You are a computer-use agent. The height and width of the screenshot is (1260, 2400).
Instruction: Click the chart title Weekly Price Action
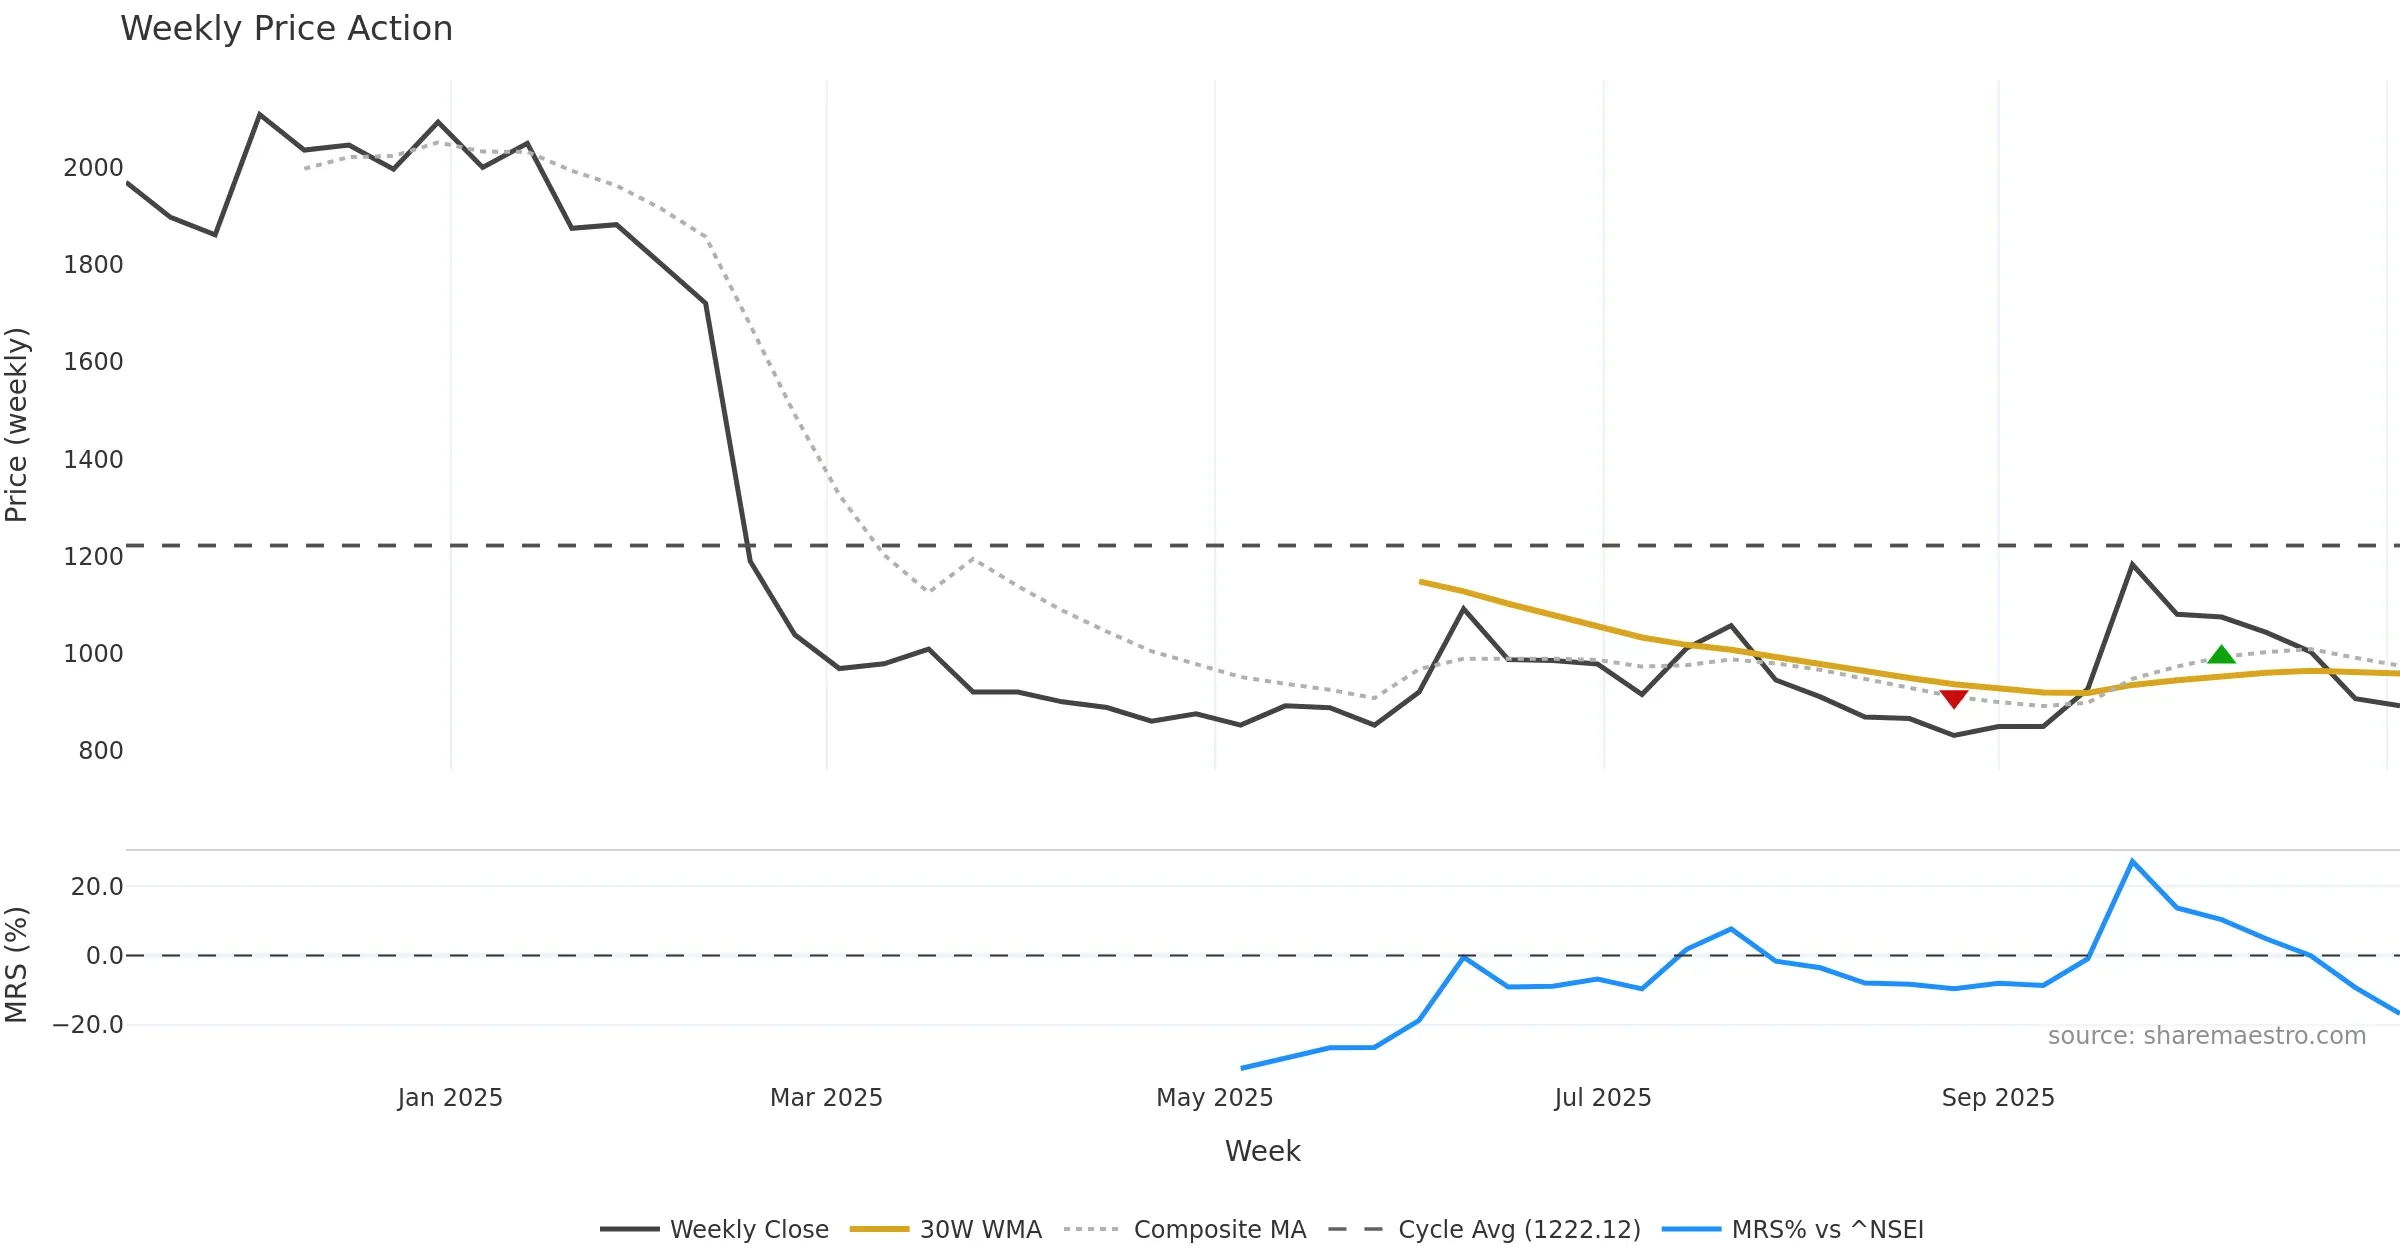(x=286, y=29)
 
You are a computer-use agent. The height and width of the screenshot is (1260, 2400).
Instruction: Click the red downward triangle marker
(x=1953, y=699)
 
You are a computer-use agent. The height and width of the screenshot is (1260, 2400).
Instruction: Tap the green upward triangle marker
(x=2221, y=655)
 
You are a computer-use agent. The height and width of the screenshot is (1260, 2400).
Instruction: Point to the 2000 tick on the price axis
(x=93, y=168)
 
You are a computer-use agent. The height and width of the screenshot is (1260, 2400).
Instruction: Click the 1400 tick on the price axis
(x=93, y=460)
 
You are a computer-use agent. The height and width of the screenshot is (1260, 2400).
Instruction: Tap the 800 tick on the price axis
(x=100, y=751)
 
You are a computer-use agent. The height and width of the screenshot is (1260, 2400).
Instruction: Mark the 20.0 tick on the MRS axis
(x=97, y=887)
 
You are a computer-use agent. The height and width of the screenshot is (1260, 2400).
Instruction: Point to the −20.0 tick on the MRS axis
(x=88, y=1025)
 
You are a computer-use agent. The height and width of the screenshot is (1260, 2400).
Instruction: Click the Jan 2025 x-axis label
(x=450, y=1098)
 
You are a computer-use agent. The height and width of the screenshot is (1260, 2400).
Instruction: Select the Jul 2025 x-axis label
(x=1603, y=1098)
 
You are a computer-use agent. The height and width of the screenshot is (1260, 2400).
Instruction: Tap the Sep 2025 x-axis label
(x=1998, y=1098)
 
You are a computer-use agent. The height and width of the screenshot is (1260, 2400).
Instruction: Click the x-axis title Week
(x=1262, y=1152)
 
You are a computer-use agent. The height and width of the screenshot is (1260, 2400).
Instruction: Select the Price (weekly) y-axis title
(x=17, y=425)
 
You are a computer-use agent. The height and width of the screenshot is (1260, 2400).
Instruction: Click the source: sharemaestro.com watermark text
(x=2207, y=1036)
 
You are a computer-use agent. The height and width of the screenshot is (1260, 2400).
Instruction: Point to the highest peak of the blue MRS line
(x=2132, y=861)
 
